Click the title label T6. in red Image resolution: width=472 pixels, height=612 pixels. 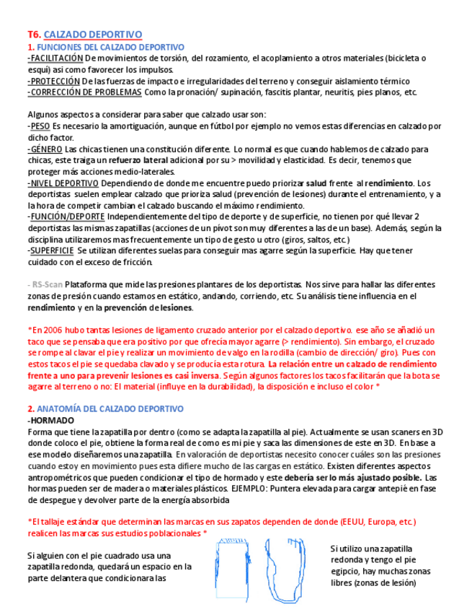(34, 35)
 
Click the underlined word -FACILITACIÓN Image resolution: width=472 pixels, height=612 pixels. (55, 58)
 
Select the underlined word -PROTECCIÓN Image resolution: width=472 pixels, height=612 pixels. (53, 82)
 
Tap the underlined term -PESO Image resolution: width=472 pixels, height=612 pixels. (39, 126)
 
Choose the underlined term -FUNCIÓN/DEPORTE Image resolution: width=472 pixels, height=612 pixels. (66, 217)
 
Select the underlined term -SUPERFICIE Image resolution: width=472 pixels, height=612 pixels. (50, 250)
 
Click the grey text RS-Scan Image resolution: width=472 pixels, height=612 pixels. (48, 284)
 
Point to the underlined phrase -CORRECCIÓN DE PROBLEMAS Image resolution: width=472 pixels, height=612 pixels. (84, 92)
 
